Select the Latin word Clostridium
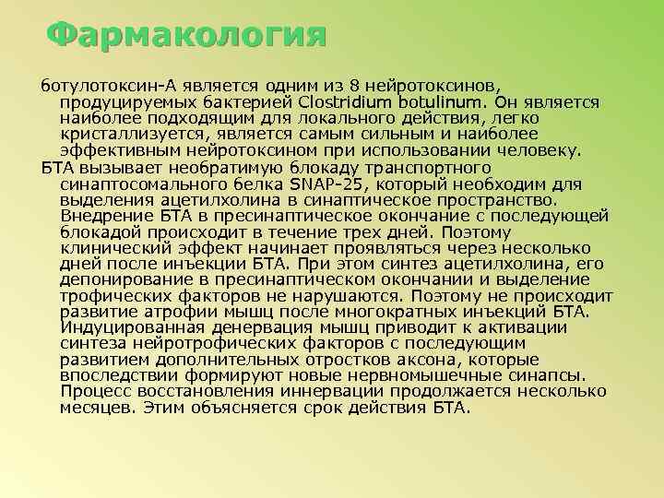(343, 101)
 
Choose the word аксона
(429, 360)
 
